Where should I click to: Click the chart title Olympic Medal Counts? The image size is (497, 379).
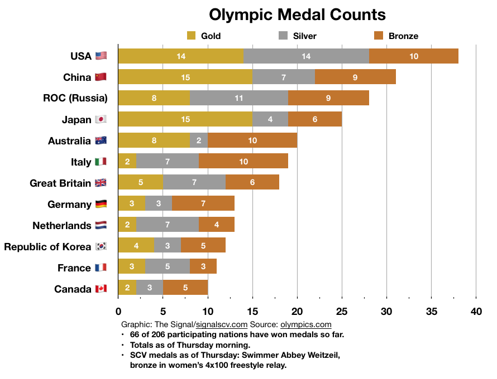pyautogui.click(x=297, y=14)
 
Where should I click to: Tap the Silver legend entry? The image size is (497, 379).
pyautogui.click(x=297, y=36)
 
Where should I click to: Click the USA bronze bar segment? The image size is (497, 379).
pyautogui.click(x=413, y=56)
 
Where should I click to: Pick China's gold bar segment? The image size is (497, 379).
pyautogui.click(x=185, y=77)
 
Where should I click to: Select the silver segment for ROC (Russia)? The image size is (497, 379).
pyautogui.click(x=238, y=98)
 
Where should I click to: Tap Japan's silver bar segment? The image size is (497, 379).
pyautogui.click(x=270, y=119)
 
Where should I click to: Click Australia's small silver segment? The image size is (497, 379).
pyautogui.click(x=199, y=140)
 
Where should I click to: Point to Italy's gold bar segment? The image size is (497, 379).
pyautogui.click(x=127, y=162)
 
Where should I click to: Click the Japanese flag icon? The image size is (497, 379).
pyautogui.click(x=101, y=119)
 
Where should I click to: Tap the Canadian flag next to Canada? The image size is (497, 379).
pyautogui.click(x=101, y=289)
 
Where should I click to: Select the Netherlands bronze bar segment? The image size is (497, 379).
pyautogui.click(x=216, y=225)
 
